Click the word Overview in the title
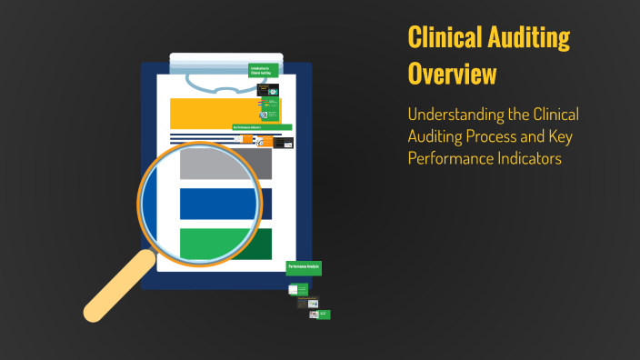pos(452,74)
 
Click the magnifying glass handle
pos(118,286)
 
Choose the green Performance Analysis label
pos(304,268)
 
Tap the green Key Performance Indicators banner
pos(262,128)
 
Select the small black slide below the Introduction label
pos(267,90)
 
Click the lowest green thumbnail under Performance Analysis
pos(323,315)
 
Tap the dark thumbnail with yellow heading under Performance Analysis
pos(312,303)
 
